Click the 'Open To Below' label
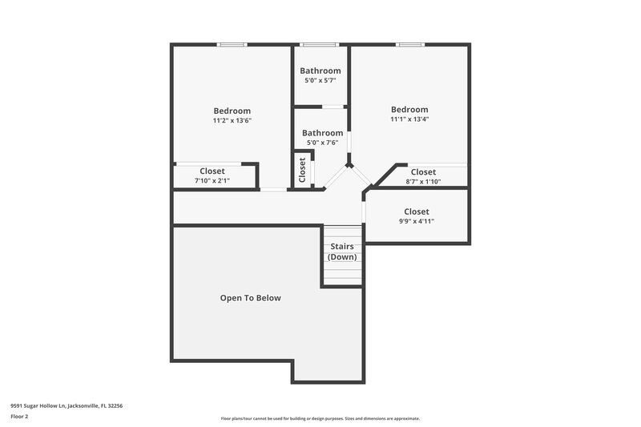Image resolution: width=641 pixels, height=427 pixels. click(250, 298)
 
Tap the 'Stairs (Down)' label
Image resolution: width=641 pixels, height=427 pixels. click(343, 252)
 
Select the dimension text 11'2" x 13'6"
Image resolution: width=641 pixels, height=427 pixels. click(232, 121)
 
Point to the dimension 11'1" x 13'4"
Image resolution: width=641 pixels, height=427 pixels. click(409, 119)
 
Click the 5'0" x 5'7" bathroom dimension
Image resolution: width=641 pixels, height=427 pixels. click(320, 81)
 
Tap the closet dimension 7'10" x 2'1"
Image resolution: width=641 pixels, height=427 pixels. click(212, 181)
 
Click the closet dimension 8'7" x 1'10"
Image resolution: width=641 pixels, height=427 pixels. click(423, 182)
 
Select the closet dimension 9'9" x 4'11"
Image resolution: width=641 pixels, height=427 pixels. click(416, 222)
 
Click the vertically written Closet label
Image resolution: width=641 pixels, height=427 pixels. click(302, 169)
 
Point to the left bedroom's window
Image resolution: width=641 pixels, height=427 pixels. click(232, 45)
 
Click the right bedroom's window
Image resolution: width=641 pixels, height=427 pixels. click(409, 45)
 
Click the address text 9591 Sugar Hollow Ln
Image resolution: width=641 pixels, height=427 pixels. click(67, 406)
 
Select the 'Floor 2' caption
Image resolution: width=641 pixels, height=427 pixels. click(20, 417)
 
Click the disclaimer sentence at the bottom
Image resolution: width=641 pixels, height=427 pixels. click(320, 418)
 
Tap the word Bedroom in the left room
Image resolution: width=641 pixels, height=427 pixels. click(232, 111)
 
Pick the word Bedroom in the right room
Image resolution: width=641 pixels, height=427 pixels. click(409, 110)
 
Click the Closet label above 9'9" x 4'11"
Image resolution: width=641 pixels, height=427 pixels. click(417, 211)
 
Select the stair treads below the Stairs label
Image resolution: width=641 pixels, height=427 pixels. click(343, 272)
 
